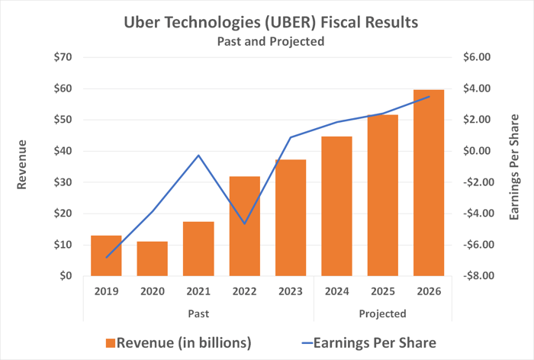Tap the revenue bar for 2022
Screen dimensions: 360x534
[x=245, y=226]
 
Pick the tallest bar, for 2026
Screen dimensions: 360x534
[x=429, y=183]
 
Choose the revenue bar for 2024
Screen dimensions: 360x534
[x=337, y=206]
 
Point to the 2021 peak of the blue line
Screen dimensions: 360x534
[x=199, y=156]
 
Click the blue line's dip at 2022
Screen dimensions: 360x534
[x=245, y=223]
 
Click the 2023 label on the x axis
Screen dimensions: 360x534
[x=291, y=291]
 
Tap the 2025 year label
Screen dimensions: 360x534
[x=383, y=291]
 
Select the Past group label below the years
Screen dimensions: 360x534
[x=198, y=313]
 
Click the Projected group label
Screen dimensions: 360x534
[x=382, y=313]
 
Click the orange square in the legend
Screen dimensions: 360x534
[x=111, y=342]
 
